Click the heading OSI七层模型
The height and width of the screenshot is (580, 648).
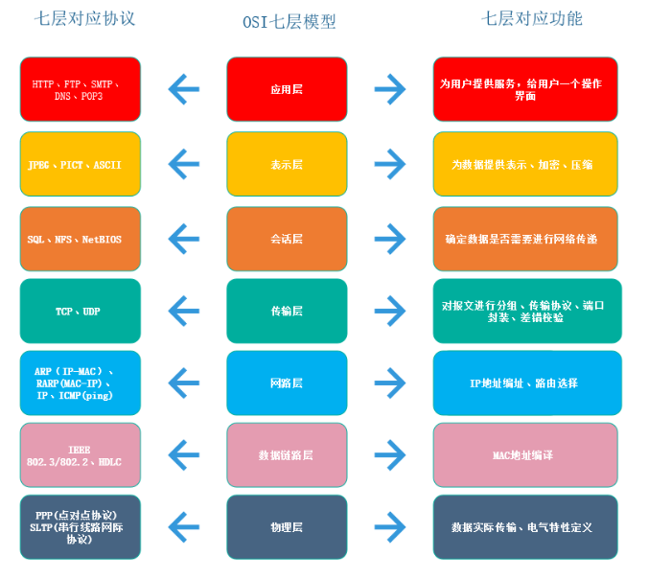coord(289,22)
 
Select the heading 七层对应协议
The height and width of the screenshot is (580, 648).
coord(84,18)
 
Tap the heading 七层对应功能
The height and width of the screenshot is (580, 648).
coord(531,18)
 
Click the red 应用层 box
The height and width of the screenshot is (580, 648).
coord(287,89)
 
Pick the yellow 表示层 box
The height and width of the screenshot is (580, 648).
coord(287,164)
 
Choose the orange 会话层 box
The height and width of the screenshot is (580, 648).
coord(287,239)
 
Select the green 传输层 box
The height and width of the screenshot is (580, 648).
coord(287,311)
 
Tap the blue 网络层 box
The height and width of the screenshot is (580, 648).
coord(287,383)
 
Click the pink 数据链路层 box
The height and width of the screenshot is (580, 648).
coord(287,454)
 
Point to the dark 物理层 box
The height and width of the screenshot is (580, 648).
coord(287,527)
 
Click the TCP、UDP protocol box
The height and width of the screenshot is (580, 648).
coord(81,311)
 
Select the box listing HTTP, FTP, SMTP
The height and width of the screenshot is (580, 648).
coord(81,89)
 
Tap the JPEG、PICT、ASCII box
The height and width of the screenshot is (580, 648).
coord(81,164)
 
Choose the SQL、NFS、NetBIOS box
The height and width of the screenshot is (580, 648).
coord(81,239)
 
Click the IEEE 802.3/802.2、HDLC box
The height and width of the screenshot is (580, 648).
coord(81,454)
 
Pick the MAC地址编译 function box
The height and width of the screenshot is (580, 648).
coord(525,454)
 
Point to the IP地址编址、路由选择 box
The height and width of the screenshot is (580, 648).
coord(527,383)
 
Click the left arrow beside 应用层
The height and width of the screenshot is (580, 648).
coord(184,89)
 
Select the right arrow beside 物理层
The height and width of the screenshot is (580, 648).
coord(390,527)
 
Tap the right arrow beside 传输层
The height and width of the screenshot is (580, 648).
coord(390,311)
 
